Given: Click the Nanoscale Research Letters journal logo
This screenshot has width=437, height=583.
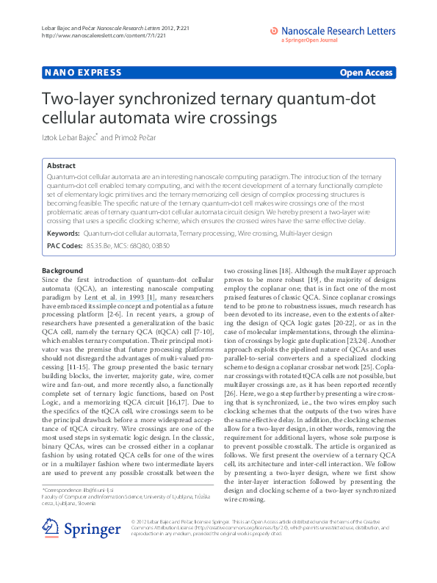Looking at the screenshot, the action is (x=333, y=32).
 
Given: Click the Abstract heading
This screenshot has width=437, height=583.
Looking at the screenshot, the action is (x=61, y=167).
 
